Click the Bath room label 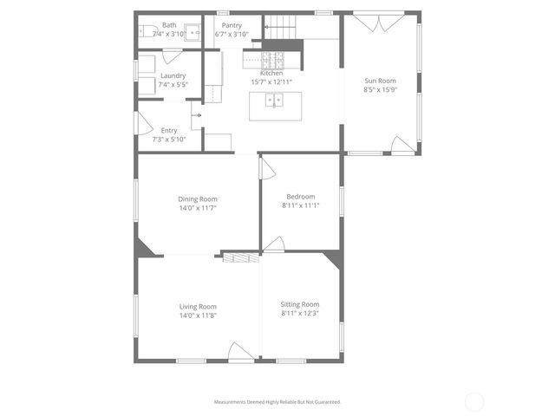(168, 26)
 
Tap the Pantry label (232, 26)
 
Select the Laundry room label (173, 75)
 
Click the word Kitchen (271, 74)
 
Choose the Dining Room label (198, 199)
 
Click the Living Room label (198, 306)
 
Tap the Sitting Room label (300, 304)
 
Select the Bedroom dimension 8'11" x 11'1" (301, 205)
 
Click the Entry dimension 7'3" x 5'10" (169, 140)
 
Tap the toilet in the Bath (147, 30)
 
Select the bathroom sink (195, 35)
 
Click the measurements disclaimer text (277, 402)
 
